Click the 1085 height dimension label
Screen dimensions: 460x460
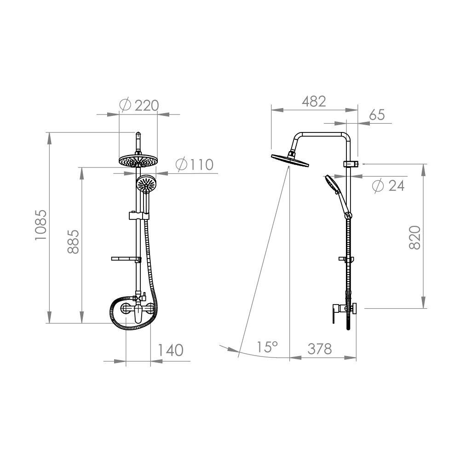click(x=41, y=225)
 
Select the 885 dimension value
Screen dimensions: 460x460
click(x=73, y=241)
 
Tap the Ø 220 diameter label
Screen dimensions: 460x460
click(x=139, y=105)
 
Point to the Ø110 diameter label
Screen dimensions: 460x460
click(x=195, y=165)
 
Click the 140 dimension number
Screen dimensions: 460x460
click(x=171, y=350)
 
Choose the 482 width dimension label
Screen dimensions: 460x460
click(x=314, y=101)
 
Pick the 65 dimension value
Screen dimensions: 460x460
click(x=377, y=115)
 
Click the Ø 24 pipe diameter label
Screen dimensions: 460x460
click(x=388, y=185)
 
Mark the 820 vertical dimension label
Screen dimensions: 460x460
click(x=415, y=238)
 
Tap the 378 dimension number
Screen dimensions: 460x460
click(x=320, y=349)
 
